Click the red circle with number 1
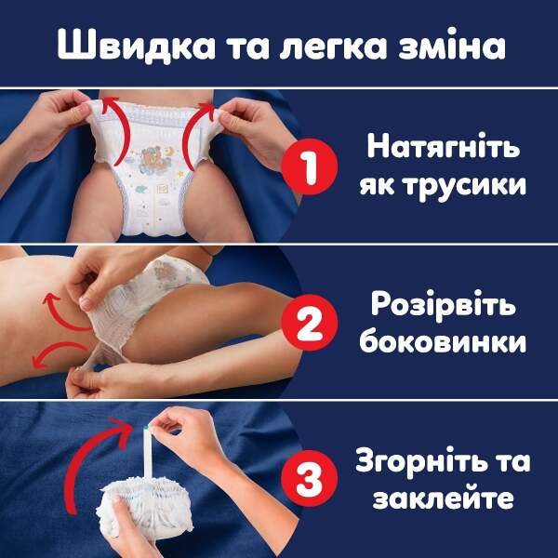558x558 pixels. coord(310,166)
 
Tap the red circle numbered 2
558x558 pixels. coord(310,323)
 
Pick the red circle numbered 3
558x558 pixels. coord(310,478)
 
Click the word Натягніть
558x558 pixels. coord(444,145)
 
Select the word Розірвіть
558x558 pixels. coord(444,304)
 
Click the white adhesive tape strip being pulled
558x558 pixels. coord(147,453)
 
